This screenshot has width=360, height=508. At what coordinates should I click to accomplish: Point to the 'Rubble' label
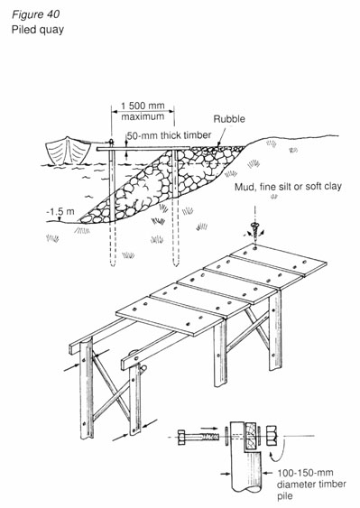point(230,118)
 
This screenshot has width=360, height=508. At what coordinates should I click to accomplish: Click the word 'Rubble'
point(230,118)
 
